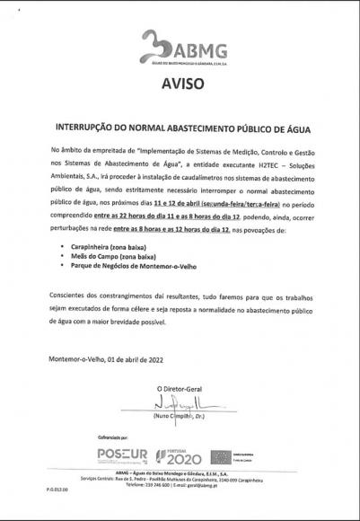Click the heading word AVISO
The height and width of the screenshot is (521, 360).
click(x=180, y=86)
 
